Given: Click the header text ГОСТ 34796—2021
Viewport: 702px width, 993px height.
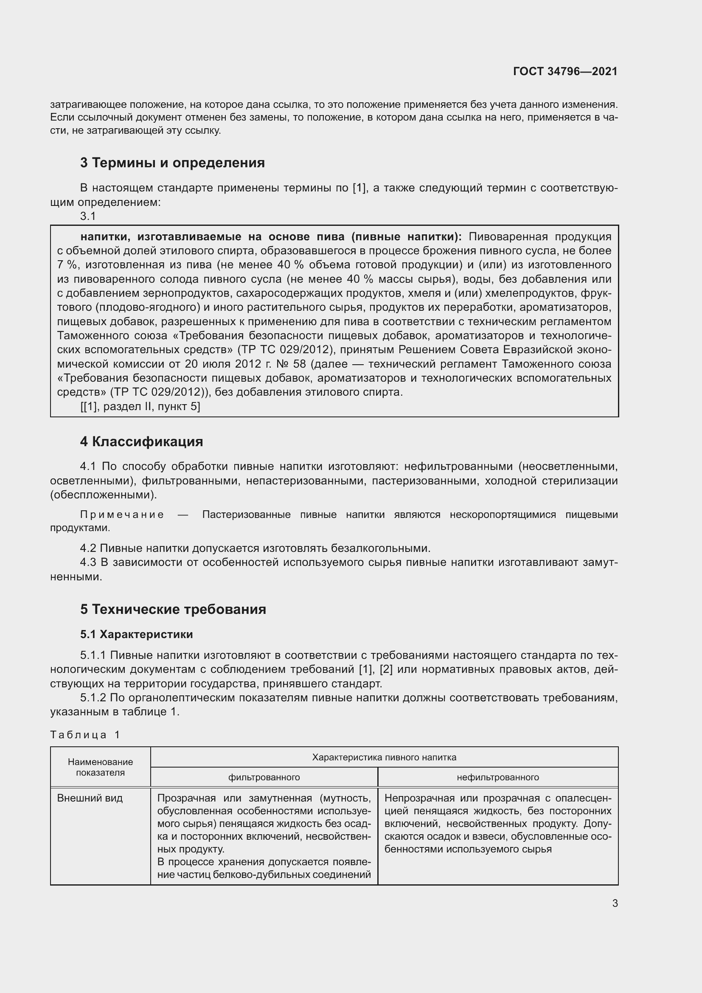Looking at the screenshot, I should [565, 71].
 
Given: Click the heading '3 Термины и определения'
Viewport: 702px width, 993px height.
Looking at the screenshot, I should [172, 163].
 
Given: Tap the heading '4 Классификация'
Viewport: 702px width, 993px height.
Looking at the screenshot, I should [141, 442].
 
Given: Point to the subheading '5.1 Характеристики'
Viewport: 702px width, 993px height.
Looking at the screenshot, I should [136, 634].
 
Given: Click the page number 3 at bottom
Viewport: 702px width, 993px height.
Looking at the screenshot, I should [615, 903].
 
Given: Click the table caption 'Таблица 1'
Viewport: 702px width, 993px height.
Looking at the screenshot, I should [85, 734].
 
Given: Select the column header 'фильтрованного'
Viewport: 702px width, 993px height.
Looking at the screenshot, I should [264, 777].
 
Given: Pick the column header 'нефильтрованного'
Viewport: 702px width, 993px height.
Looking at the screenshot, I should [497, 777].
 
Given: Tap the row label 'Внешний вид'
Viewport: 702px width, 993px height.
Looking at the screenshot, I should [90, 798].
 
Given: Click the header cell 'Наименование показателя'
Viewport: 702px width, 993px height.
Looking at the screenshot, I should [100, 767].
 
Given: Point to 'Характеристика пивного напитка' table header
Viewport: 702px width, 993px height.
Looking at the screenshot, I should [384, 757].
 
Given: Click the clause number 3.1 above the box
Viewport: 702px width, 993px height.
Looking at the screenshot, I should [88, 216].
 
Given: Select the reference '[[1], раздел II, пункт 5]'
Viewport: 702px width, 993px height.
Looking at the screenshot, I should [140, 406].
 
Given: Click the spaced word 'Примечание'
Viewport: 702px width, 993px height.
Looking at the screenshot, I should [122, 514].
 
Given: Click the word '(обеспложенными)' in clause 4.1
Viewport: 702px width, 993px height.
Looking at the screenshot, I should [103, 495].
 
